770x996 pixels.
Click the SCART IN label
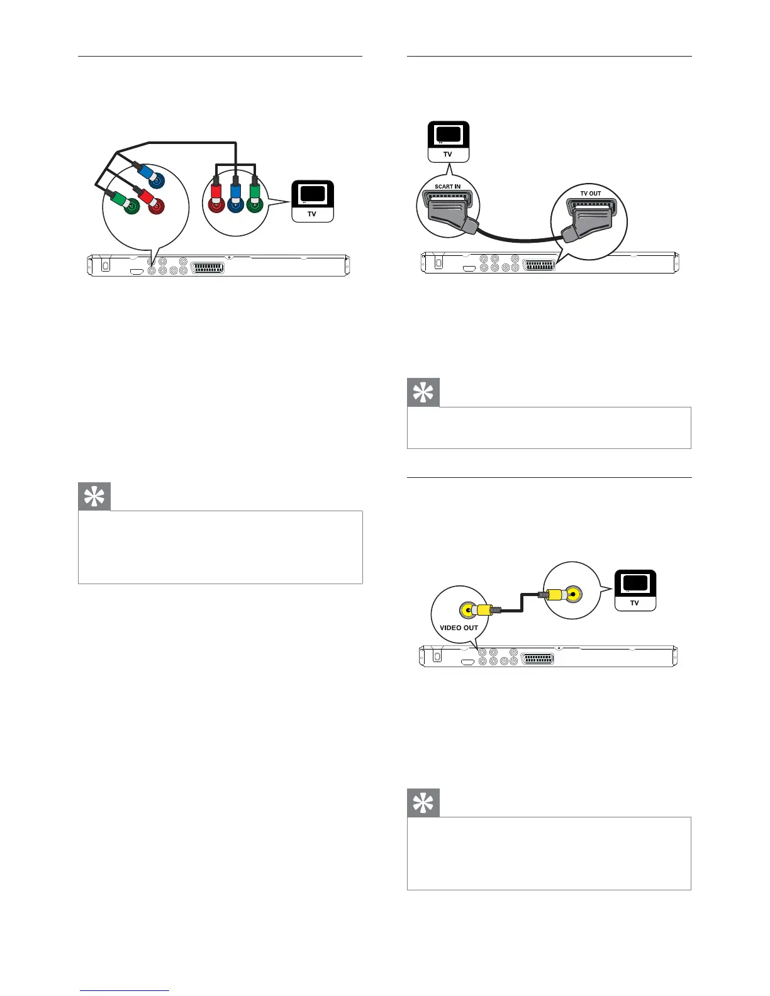click(x=447, y=187)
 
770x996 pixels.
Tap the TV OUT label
click(x=590, y=193)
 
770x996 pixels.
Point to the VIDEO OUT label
click(x=459, y=628)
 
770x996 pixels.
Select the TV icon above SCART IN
click(x=448, y=141)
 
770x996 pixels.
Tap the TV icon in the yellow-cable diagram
click(x=635, y=590)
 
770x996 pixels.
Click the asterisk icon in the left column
click(x=94, y=497)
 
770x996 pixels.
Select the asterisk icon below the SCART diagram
click(x=423, y=393)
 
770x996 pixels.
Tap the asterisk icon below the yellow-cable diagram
click(x=423, y=803)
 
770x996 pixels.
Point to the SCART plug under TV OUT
click(x=590, y=220)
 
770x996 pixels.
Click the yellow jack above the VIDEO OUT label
click(x=467, y=609)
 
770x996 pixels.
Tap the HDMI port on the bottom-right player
click(x=468, y=661)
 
